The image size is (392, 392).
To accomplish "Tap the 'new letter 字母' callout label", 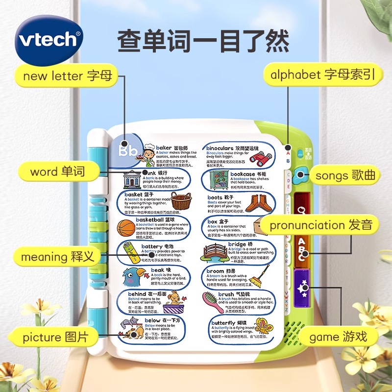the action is tap(68, 76).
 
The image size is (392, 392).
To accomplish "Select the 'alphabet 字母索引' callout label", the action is tap(323, 75).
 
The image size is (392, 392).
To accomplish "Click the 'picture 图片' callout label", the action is tap(56, 337).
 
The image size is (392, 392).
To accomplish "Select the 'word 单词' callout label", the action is tap(57, 171).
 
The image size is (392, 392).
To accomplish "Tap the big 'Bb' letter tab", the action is tap(129, 150).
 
